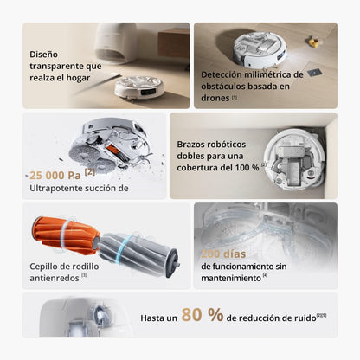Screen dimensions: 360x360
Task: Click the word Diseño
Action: pyautogui.click(x=44, y=54)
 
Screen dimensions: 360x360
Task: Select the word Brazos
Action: pyautogui.click(x=194, y=145)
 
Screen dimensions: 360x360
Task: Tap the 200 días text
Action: pyautogui.click(x=223, y=254)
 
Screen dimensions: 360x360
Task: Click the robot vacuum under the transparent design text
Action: pyautogui.click(x=139, y=86)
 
